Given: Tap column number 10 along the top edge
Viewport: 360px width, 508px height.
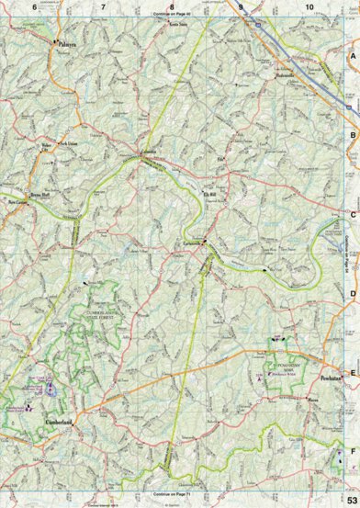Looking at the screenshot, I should (x=310, y=7).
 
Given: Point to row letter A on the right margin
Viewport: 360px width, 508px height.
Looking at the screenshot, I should (x=353, y=57).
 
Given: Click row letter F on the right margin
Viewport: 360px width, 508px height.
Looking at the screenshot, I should (x=353, y=452).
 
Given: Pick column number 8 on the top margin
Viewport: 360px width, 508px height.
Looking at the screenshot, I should (x=172, y=7).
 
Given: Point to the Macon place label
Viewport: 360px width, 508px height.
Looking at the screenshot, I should (x=313, y=401).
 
